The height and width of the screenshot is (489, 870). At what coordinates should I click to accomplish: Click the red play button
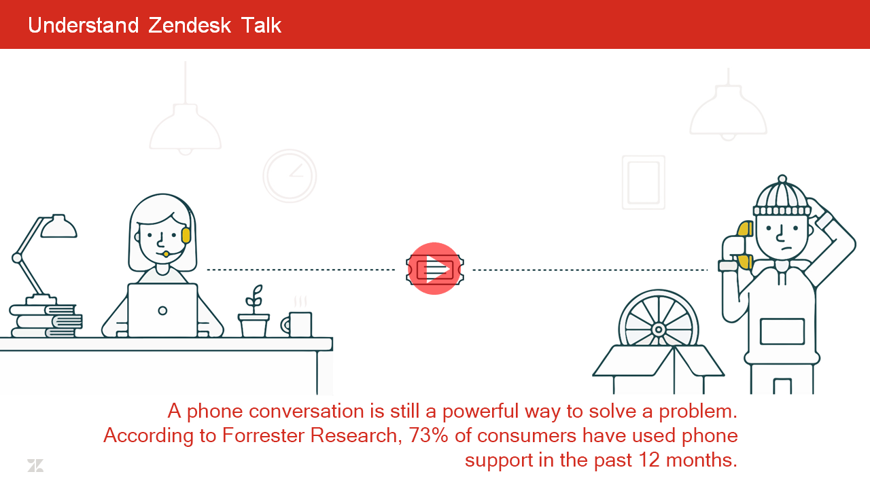click(x=434, y=268)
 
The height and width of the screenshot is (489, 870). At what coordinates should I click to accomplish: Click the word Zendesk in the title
click(x=190, y=26)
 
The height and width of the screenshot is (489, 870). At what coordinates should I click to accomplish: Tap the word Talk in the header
click(x=261, y=26)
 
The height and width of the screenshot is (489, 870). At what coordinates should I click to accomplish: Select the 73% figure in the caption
click(x=429, y=435)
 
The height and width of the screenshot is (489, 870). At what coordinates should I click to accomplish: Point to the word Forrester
click(x=263, y=435)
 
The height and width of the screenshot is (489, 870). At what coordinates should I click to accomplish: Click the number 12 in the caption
click(x=649, y=460)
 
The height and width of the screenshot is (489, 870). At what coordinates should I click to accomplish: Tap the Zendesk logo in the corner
click(x=35, y=465)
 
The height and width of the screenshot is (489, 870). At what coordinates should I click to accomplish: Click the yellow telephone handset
click(x=744, y=245)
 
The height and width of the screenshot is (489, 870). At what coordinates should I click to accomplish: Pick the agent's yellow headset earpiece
click(x=186, y=236)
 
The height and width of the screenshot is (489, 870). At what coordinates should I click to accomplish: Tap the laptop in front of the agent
click(x=162, y=310)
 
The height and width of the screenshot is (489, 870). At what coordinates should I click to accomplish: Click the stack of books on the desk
click(x=46, y=321)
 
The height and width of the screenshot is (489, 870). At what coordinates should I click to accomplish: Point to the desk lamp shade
click(x=58, y=226)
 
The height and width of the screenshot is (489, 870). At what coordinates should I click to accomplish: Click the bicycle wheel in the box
click(x=659, y=319)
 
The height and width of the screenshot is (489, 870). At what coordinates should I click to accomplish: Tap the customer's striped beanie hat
click(x=782, y=197)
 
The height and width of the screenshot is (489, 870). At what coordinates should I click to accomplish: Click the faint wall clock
click(x=290, y=176)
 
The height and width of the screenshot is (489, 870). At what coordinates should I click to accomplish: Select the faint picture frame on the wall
click(x=644, y=183)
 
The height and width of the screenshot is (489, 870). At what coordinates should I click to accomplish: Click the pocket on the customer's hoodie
click(x=782, y=331)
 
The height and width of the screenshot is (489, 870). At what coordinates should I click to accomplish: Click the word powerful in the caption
click(x=481, y=412)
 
